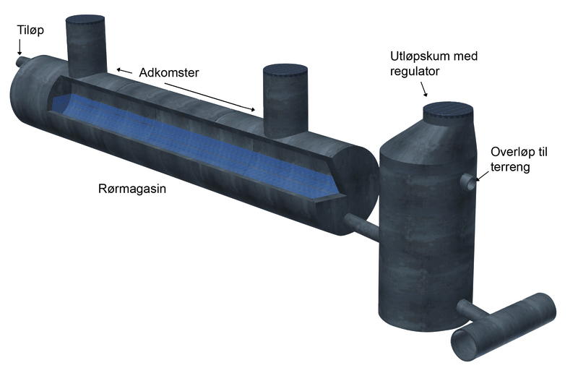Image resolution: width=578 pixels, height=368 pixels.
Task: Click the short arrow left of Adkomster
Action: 124,71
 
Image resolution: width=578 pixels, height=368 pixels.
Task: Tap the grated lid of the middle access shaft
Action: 285,70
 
